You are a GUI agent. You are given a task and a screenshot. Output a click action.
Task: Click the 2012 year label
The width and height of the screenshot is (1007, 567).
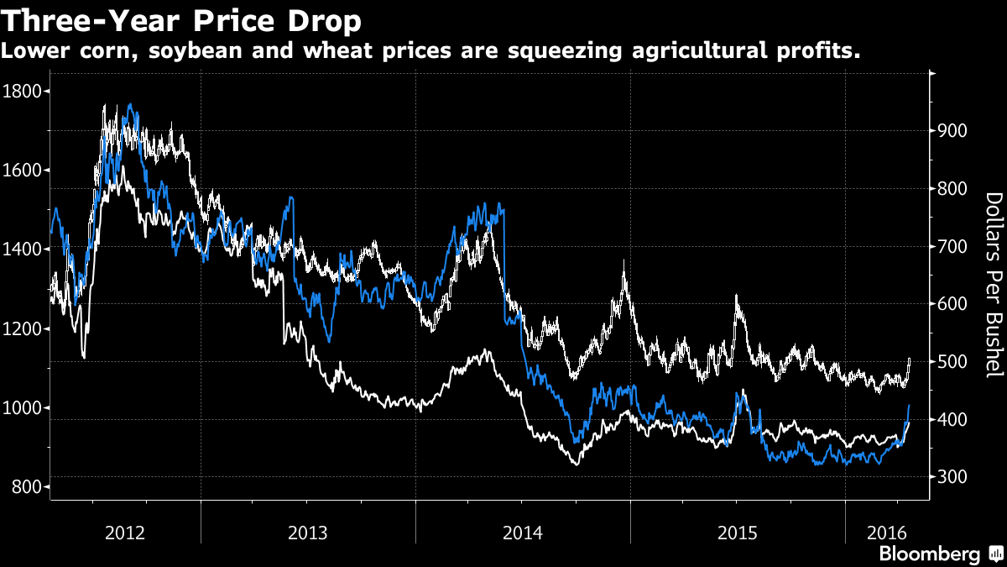tap(126, 532)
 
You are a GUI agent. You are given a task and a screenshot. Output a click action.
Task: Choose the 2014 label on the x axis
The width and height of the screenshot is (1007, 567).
tap(522, 532)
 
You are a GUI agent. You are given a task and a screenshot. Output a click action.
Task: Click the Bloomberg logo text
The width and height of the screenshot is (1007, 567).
tap(929, 554)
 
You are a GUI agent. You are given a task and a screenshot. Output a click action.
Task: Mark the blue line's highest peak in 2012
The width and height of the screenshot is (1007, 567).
tap(130, 105)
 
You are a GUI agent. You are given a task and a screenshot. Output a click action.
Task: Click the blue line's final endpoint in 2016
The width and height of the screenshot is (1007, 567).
tap(909, 406)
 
